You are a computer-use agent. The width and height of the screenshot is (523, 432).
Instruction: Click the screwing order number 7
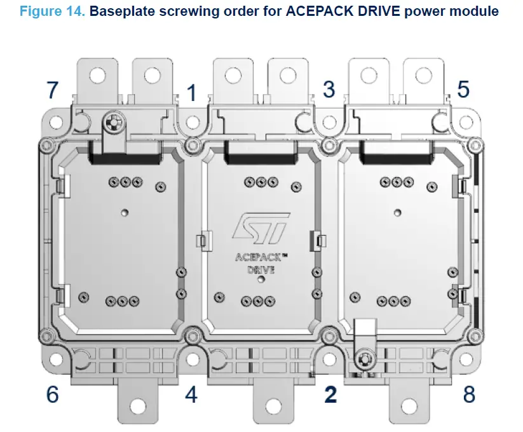pos(52,90)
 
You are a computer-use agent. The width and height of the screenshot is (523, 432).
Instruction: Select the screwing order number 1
pos(191,94)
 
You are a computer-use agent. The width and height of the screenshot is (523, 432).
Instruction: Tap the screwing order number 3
pos(329,90)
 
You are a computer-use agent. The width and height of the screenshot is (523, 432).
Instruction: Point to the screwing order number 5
pos(463,90)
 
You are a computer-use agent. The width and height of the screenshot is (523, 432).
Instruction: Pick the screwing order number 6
pos(52,395)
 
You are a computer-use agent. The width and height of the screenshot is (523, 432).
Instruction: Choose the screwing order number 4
pos(191,395)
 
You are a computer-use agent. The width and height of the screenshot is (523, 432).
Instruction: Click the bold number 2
pos(330,395)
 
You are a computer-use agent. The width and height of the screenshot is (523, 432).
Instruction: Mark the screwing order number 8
pos(469,395)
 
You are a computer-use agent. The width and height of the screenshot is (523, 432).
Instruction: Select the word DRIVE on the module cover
pos(261,269)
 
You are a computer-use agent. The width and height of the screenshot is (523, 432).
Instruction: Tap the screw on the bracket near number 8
pos(364,360)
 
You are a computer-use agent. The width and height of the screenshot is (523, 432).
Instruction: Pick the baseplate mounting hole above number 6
pos(81,360)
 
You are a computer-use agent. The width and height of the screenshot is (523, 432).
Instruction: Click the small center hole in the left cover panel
pos(125,211)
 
